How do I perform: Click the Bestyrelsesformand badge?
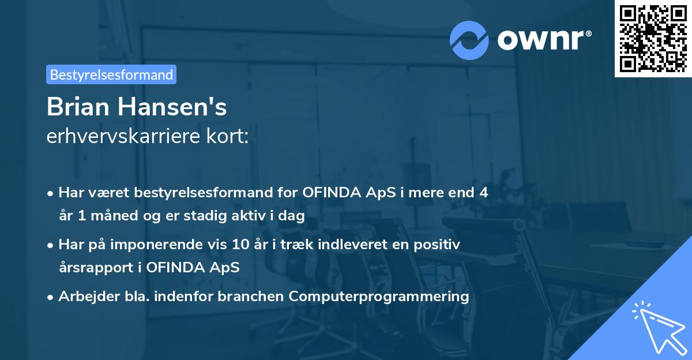click(x=111, y=74)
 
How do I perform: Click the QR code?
click(x=653, y=38)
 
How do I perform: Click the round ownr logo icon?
click(x=469, y=40)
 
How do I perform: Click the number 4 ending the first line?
click(x=484, y=193)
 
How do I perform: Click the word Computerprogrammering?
click(x=379, y=297)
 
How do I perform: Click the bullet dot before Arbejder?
click(x=51, y=297)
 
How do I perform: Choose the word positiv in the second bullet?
click(x=439, y=245)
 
